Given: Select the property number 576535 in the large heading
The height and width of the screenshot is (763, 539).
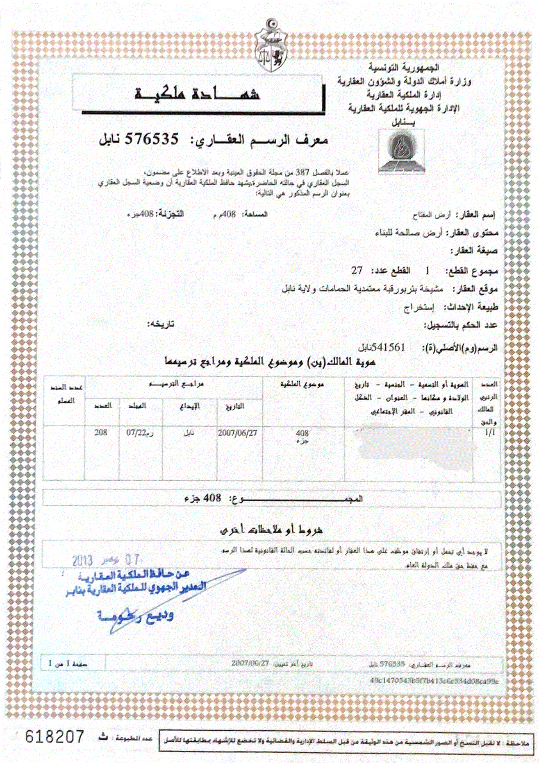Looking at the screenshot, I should point(152,140).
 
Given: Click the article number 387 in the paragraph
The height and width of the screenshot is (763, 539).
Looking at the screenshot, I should point(314,173).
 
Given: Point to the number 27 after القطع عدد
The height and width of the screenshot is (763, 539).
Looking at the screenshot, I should point(357,271).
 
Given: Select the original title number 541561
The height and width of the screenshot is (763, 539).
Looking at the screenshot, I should point(388,347).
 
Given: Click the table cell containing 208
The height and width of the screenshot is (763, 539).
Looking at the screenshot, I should point(101,432).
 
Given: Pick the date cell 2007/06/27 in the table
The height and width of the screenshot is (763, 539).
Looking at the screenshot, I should point(237,433).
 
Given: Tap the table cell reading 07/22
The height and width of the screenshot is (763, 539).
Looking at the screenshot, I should point(136,433).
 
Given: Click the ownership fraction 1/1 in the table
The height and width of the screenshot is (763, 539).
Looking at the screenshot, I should point(490,433).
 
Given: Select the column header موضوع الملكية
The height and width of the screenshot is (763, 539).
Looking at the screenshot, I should point(302,384).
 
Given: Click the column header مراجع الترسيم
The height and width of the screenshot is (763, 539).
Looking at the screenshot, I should point(176,384).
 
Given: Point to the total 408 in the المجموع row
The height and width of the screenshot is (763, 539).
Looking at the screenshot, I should point(212,498).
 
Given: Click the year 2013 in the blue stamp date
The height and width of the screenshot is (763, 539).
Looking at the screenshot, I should point(82,561).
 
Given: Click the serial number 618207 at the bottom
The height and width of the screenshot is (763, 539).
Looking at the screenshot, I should point(55,737).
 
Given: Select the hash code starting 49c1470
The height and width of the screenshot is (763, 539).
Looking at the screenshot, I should point(434,681).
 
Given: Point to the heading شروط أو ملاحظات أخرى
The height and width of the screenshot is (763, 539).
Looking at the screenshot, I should point(271,530).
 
